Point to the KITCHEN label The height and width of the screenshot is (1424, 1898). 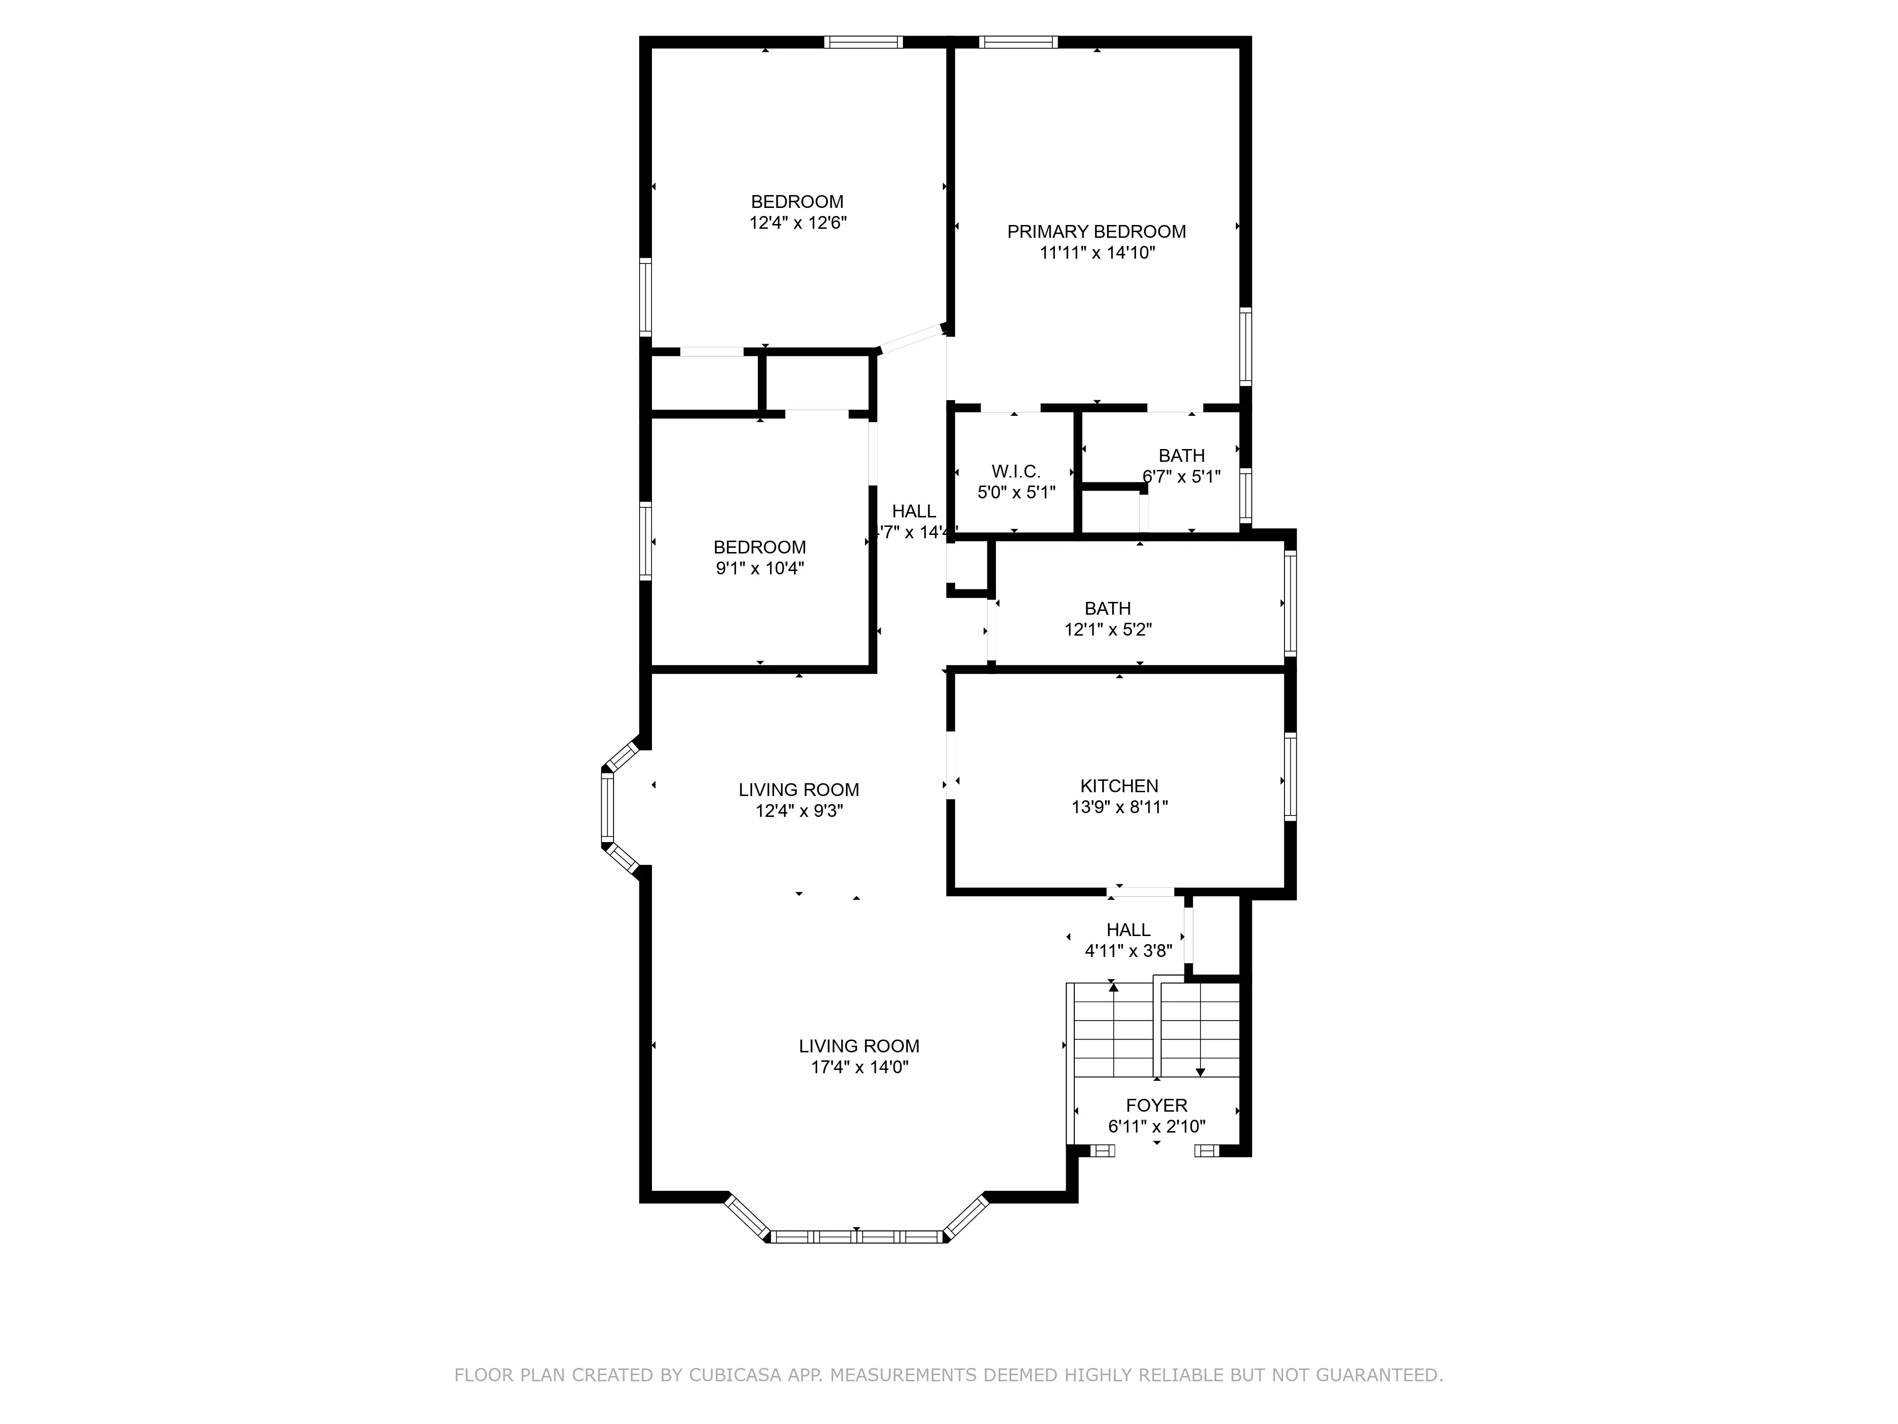coord(1119,786)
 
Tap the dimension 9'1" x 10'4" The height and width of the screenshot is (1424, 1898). coord(759,568)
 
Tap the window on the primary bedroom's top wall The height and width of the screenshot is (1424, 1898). coord(1018,41)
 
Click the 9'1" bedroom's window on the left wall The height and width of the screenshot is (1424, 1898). coord(645,542)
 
